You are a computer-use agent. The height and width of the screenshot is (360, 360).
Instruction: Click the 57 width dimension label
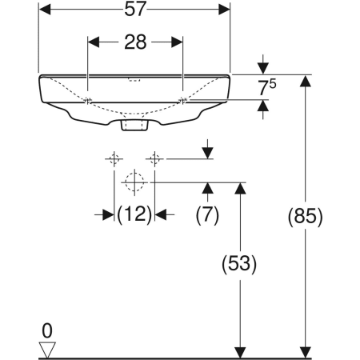coord(135,10)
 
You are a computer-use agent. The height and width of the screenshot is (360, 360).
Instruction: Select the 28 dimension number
coord(135,42)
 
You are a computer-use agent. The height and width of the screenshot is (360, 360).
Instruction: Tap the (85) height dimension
coord(306,216)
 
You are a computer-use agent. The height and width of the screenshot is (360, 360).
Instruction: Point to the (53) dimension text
coord(239,264)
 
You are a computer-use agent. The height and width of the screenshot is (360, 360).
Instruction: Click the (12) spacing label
coord(134,214)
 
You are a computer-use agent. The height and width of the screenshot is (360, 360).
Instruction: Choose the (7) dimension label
coord(207,214)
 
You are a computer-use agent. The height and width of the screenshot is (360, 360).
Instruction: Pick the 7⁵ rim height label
coord(267,87)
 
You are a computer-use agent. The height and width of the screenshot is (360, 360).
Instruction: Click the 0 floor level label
coord(47,331)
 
